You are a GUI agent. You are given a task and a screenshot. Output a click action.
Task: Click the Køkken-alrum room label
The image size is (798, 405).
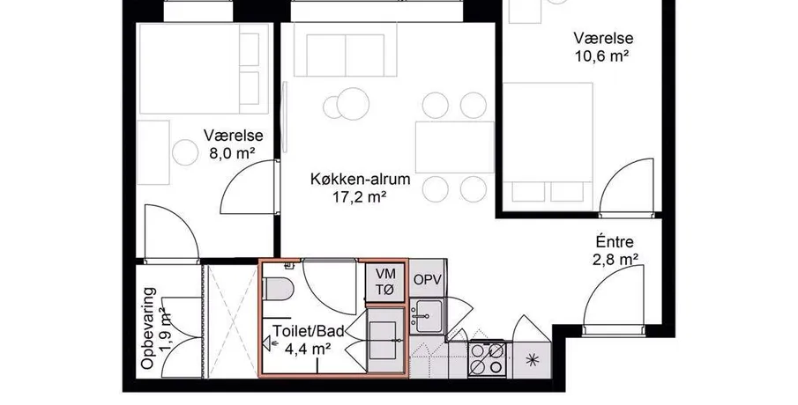point(361,179)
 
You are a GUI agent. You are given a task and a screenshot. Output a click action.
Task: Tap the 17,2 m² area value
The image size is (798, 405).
point(360,196)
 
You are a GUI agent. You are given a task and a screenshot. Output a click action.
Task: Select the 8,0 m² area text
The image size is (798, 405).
point(232,153)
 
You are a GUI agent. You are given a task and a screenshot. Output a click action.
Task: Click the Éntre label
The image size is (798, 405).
point(615,242)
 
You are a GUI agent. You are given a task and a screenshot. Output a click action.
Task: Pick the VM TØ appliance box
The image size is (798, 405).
point(385,282)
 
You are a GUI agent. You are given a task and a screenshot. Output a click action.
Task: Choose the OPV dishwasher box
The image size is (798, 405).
point(427,279)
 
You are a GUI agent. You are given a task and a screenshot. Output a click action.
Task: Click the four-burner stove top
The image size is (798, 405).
point(487,358)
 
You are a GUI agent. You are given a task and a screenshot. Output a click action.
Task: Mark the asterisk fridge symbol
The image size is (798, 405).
point(532,360)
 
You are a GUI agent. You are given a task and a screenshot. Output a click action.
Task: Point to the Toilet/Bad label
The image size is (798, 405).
point(309,331)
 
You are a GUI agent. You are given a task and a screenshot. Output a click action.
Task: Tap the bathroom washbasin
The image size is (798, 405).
point(383,340)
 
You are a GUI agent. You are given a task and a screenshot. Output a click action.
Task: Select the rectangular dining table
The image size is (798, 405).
point(455,147)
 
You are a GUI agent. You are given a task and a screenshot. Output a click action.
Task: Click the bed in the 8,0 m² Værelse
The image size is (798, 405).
point(204,69)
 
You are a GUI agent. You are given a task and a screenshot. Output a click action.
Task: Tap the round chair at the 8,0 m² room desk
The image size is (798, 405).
point(185,152)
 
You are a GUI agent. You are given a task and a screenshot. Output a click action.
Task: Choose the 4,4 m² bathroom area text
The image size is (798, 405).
point(309,350)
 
